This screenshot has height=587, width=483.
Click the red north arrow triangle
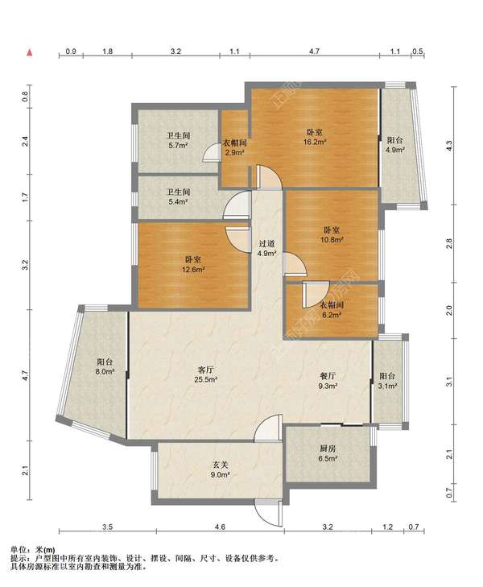coord(30,52)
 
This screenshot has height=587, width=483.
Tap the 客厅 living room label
coord(205,370)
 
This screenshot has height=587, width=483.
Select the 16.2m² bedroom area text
coord(315,142)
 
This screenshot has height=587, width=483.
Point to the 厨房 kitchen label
coord(328,449)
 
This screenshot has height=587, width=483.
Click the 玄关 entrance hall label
coord(221,465)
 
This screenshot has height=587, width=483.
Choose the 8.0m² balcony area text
coord(105,372)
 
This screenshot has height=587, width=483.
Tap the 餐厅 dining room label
coord(328,376)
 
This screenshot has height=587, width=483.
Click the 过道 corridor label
coord(266,244)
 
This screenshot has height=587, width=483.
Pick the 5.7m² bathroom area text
coord(178,145)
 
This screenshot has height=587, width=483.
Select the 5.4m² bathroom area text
coord(178,202)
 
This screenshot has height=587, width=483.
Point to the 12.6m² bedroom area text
coord(192,269)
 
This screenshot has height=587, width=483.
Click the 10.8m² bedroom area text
coord(332,240)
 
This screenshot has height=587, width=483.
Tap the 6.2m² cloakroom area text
coord(332,315)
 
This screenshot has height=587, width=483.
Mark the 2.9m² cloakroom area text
coord(234,152)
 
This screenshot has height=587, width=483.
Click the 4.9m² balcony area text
coord(395,150)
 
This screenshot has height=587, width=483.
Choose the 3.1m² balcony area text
coord(387,386)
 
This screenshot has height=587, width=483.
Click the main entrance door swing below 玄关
coord(268,512)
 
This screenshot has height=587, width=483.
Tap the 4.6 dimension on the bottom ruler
coord(220,527)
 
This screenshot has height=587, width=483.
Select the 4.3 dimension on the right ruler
coord(449,145)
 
